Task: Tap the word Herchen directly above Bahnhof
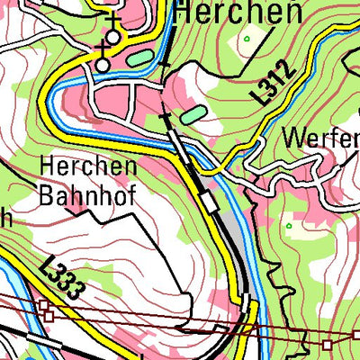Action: coord(88,166)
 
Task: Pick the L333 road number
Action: coord(63,278)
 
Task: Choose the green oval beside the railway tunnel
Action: coord(192,115)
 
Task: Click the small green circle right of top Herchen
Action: coord(246,40)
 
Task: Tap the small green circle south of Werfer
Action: coord(289,225)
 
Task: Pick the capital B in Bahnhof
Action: coord(48,193)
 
